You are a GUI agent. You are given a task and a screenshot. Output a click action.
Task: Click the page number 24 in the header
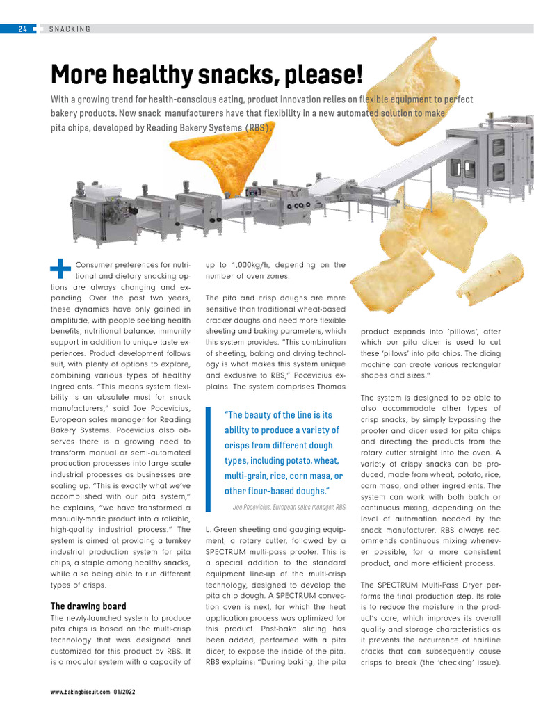(23, 29)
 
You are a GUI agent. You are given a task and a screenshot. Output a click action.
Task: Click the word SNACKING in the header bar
(70, 29)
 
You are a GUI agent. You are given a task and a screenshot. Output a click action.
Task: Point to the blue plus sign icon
(61, 269)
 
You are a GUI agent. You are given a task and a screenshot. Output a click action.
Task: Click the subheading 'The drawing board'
(88, 606)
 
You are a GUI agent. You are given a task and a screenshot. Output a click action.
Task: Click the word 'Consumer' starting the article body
(96, 265)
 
